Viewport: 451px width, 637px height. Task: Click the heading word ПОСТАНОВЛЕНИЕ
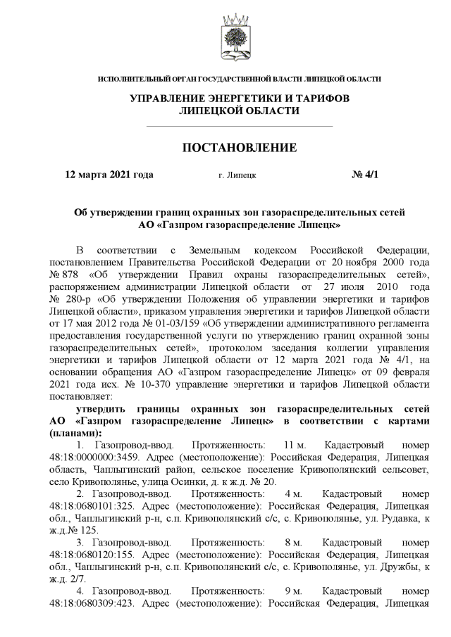240,148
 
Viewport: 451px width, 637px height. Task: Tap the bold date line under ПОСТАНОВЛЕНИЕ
109,175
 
